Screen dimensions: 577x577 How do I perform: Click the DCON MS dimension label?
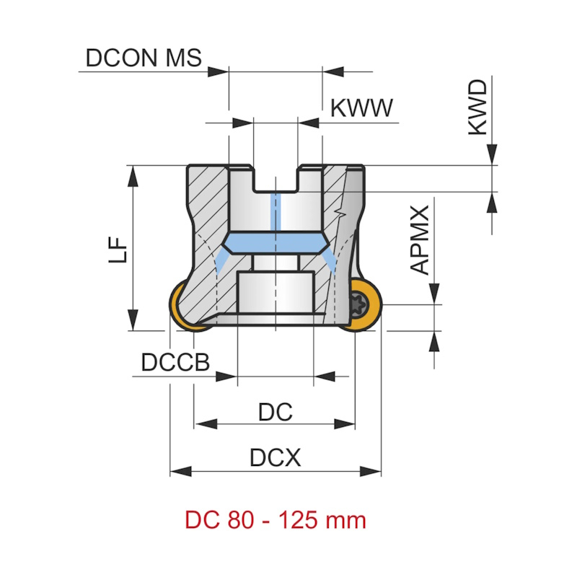coord(144,58)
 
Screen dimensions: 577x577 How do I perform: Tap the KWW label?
coord(361,109)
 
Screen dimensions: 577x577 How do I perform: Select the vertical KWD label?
coord(477,108)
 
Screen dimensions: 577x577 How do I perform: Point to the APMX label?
coord(420,239)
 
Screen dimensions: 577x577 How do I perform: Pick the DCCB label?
coord(175,363)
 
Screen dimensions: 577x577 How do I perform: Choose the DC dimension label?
coord(275,412)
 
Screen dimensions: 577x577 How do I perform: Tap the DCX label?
coord(275,458)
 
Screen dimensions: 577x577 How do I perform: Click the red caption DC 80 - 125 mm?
coord(275,520)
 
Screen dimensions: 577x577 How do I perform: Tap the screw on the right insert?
coord(358,302)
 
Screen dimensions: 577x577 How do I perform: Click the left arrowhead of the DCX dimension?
coord(180,472)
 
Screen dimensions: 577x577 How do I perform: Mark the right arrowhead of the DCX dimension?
coord(371,472)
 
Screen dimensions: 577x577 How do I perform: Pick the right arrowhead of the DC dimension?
coord(345,424)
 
